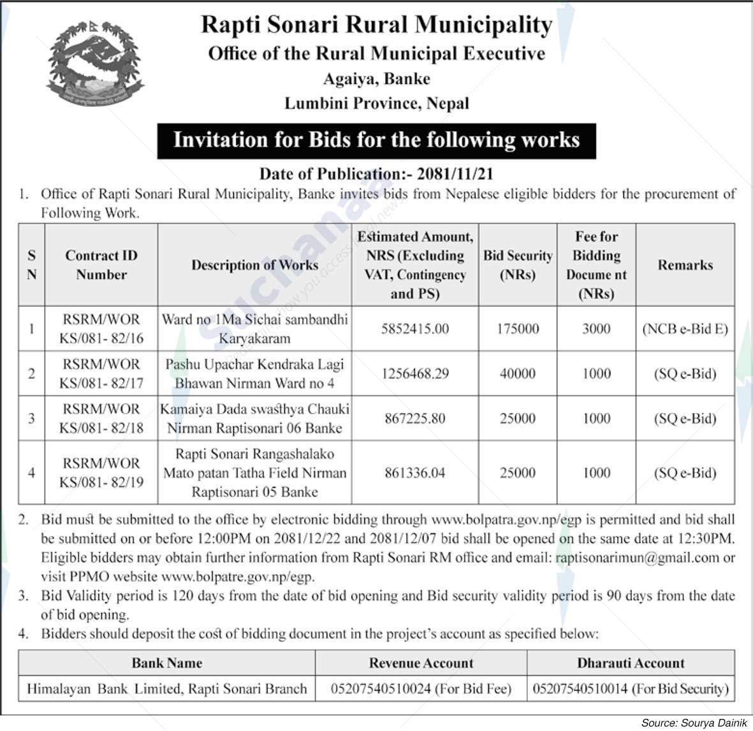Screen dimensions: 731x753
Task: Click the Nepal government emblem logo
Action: pyautogui.click(x=96, y=64)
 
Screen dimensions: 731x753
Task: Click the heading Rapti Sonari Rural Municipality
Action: pyautogui.click(x=376, y=25)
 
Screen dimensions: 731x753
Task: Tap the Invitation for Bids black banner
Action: pyautogui.click(x=376, y=140)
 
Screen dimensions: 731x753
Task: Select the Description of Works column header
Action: pyautogui.click(x=254, y=265)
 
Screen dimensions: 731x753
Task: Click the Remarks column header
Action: pyautogui.click(x=685, y=265)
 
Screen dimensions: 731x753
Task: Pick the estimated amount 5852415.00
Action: pyautogui.click(x=414, y=329)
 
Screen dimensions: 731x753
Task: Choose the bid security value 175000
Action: pyautogui.click(x=517, y=329)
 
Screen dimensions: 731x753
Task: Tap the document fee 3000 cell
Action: pyautogui.click(x=596, y=329)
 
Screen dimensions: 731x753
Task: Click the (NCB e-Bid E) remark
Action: pyautogui.click(x=685, y=329)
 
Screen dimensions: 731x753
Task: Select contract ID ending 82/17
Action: pyautogui.click(x=101, y=373)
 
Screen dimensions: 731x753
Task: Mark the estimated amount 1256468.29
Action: pyautogui.click(x=414, y=373)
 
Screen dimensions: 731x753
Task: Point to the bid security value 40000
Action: pyautogui.click(x=517, y=373)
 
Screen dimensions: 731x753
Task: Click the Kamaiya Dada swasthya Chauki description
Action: pyautogui.click(x=254, y=418)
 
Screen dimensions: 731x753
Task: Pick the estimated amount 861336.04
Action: pyautogui.click(x=414, y=473)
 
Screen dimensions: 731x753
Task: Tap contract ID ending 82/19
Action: pyautogui.click(x=101, y=473)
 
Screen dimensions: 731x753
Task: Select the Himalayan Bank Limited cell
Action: pyautogui.click(x=166, y=689)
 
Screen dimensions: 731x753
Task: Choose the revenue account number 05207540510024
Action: pyautogui.click(x=421, y=689)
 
